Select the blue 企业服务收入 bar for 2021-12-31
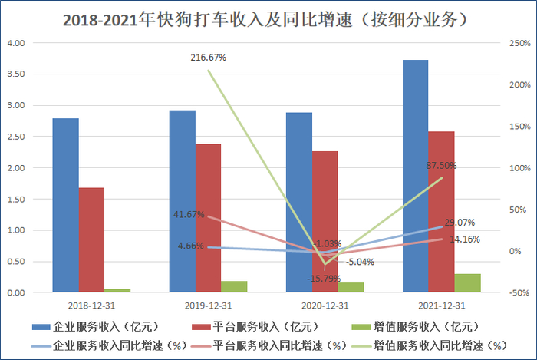(415, 177)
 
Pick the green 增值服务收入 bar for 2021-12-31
(467, 282)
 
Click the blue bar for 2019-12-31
(182, 201)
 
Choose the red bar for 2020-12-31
(325, 222)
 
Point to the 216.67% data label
(209, 58)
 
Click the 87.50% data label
(443, 165)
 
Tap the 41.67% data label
(189, 215)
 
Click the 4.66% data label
(190, 246)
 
